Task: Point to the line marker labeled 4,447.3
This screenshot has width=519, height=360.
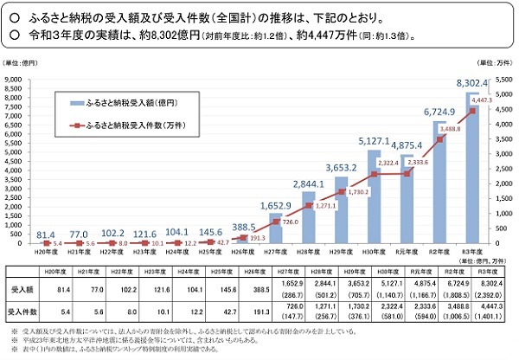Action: (472, 110)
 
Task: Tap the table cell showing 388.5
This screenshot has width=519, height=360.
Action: (252, 286)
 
